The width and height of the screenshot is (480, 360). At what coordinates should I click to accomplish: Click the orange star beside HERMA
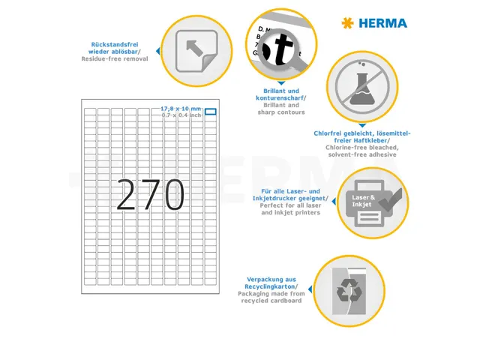tap(346, 23)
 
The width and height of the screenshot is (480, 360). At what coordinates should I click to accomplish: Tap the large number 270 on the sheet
tap(150, 195)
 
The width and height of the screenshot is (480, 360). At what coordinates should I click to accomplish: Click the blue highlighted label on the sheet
tap(210, 112)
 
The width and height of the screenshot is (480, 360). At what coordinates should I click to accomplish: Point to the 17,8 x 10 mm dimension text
tap(181, 109)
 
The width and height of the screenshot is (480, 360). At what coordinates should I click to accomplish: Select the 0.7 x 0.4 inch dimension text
tap(181, 115)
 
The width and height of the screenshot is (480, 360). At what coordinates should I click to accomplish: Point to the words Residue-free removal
tap(120, 58)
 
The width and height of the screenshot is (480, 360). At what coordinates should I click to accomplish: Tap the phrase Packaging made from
tap(271, 293)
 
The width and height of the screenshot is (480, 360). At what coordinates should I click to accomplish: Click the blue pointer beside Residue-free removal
tap(157, 51)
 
